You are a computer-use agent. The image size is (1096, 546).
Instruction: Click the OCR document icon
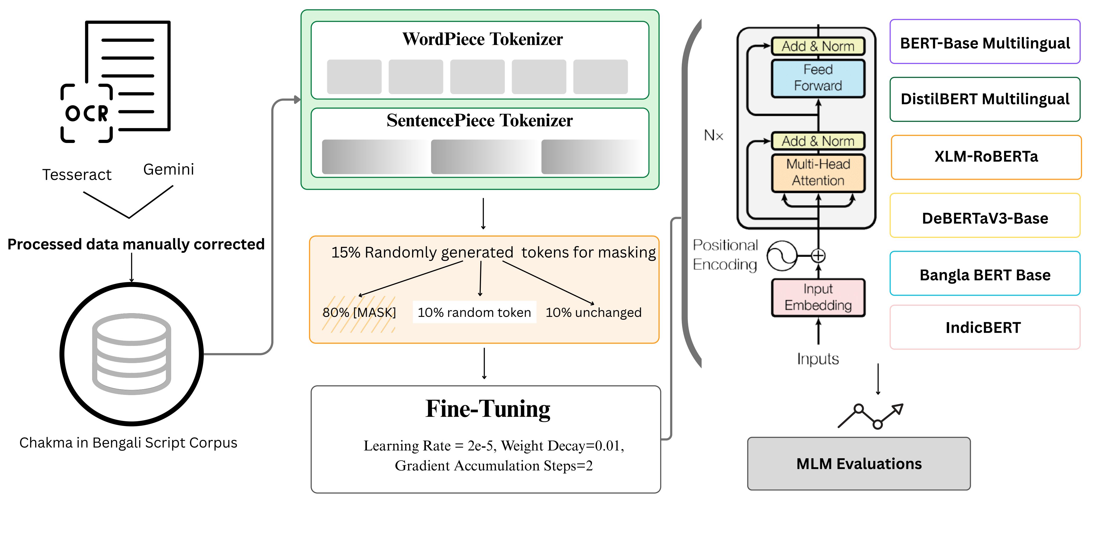[x=116, y=81]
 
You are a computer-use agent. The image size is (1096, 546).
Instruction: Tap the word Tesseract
[x=77, y=174]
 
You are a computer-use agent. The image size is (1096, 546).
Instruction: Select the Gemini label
[x=169, y=169]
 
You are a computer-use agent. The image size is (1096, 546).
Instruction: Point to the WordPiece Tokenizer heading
[x=482, y=39]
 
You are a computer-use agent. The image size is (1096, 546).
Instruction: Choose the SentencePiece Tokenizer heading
[x=479, y=121]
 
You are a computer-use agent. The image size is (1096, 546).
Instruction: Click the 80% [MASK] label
[x=359, y=312]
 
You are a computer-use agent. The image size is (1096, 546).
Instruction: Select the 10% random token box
[x=474, y=312]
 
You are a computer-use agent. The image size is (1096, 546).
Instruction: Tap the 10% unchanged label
[x=594, y=312]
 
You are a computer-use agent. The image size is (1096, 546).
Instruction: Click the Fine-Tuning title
[x=488, y=409]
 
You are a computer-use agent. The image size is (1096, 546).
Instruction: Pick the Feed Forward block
[x=818, y=78]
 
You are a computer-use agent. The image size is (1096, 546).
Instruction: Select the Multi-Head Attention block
[x=818, y=172]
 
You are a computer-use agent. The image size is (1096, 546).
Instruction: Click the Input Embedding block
[x=818, y=297]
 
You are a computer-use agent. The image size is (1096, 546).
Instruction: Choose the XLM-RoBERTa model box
[x=986, y=157]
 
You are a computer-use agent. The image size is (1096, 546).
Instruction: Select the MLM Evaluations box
[x=859, y=464]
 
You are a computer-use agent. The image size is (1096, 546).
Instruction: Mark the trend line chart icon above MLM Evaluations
[x=870, y=416]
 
